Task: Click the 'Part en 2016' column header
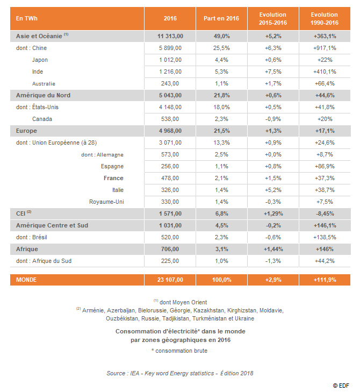pyautogui.click(x=221, y=18)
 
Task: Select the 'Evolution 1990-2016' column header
pyautogui.click(x=325, y=18)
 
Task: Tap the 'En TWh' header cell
pyautogui.click(x=26, y=18)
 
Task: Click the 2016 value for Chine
pyautogui.click(x=170, y=48)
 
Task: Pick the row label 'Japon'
pyautogui.click(x=40, y=60)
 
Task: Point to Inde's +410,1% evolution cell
pyautogui.click(x=325, y=72)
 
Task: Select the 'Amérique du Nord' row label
pyautogui.click(x=43, y=95)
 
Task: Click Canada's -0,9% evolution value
pyautogui.click(x=273, y=119)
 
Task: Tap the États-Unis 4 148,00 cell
pyautogui.click(x=170, y=107)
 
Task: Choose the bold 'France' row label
pyautogui.click(x=113, y=178)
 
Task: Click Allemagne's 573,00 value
pyautogui.click(x=170, y=154)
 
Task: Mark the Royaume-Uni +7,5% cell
pyautogui.click(x=325, y=202)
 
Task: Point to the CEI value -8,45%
pyautogui.click(x=325, y=214)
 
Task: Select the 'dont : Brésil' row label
pyautogui.click(x=32, y=237)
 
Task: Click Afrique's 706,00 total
pyautogui.click(x=170, y=249)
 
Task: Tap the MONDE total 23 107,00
pyautogui.click(x=170, y=280)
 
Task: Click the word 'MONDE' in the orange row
pyautogui.click(x=26, y=280)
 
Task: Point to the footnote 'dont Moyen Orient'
pyautogui.click(x=183, y=302)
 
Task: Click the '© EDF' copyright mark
pyautogui.click(x=341, y=386)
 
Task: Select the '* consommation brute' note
pyautogui.click(x=179, y=351)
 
